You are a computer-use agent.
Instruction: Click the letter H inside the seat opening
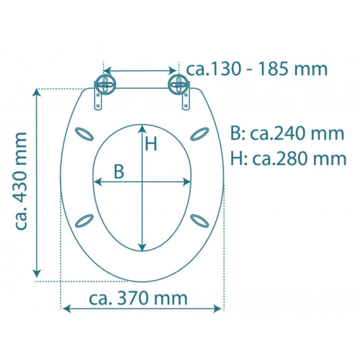(151, 144)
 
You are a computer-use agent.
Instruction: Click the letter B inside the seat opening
(118, 171)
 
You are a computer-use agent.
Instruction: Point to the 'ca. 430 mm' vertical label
(21, 181)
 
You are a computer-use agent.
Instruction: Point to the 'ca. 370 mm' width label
(138, 298)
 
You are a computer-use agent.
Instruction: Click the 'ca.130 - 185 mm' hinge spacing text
(257, 68)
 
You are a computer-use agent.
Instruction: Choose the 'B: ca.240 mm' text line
(287, 133)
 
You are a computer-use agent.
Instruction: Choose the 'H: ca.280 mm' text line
(288, 158)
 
